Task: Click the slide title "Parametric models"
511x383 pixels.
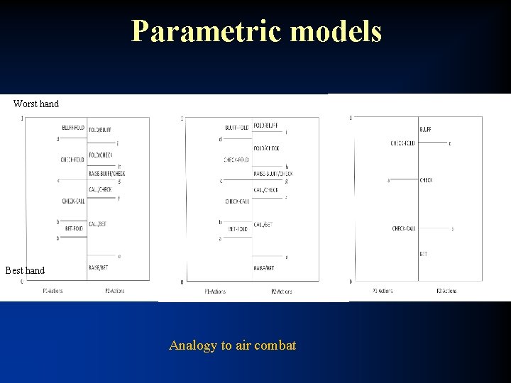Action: point(256,31)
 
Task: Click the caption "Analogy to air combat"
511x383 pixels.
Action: point(232,345)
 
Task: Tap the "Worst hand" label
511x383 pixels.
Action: point(36,104)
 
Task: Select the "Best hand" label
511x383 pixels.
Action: point(25,270)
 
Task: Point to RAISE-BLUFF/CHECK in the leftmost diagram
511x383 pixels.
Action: point(106,173)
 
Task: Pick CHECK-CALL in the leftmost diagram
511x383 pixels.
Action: point(75,201)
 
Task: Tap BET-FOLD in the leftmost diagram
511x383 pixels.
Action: point(75,228)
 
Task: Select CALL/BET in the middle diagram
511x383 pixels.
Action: point(263,224)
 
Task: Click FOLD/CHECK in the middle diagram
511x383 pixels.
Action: point(265,148)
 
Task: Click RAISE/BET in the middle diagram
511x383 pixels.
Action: point(263,268)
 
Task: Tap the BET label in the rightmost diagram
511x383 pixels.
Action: point(424,253)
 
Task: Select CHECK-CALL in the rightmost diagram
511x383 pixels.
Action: point(404,228)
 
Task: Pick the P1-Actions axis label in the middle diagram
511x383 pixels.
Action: point(216,291)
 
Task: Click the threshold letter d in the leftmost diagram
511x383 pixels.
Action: point(57,139)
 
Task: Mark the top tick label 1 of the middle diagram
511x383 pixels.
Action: point(182,118)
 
